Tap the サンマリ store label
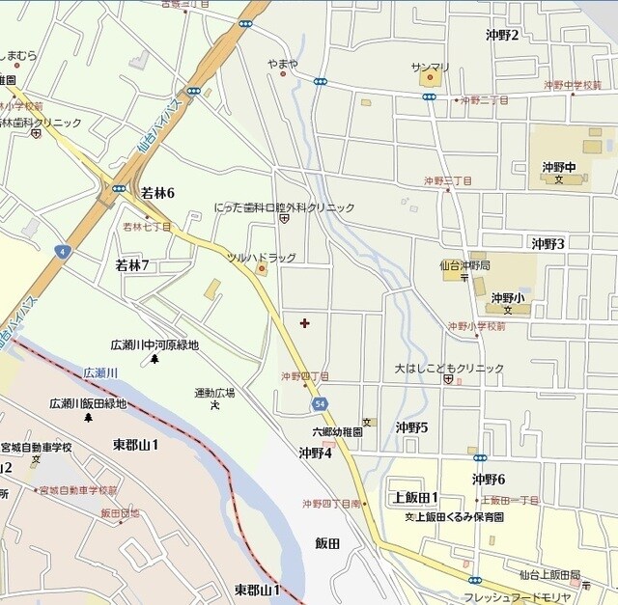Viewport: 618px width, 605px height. [x=430, y=67]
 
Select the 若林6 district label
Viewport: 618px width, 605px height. [x=157, y=192]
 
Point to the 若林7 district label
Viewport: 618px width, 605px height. [x=132, y=264]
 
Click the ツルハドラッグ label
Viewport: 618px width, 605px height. [x=261, y=258]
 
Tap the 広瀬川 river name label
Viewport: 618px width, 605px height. [x=99, y=371]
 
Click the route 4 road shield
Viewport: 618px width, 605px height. [x=63, y=252]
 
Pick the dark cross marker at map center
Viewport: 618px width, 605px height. [x=305, y=323]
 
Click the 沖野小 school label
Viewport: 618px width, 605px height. [x=507, y=298]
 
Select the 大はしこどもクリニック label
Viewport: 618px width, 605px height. [x=448, y=369]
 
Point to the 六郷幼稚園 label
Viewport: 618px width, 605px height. [x=337, y=433]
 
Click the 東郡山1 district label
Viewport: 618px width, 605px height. [x=135, y=444]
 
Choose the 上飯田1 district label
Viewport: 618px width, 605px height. [x=415, y=497]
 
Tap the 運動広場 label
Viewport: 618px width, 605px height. [x=214, y=393]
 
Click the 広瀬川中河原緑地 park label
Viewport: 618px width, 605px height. [x=154, y=344]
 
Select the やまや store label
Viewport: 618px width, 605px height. [x=283, y=64]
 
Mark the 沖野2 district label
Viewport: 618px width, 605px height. [x=502, y=36]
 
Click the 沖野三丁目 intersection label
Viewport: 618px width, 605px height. [x=448, y=181]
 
